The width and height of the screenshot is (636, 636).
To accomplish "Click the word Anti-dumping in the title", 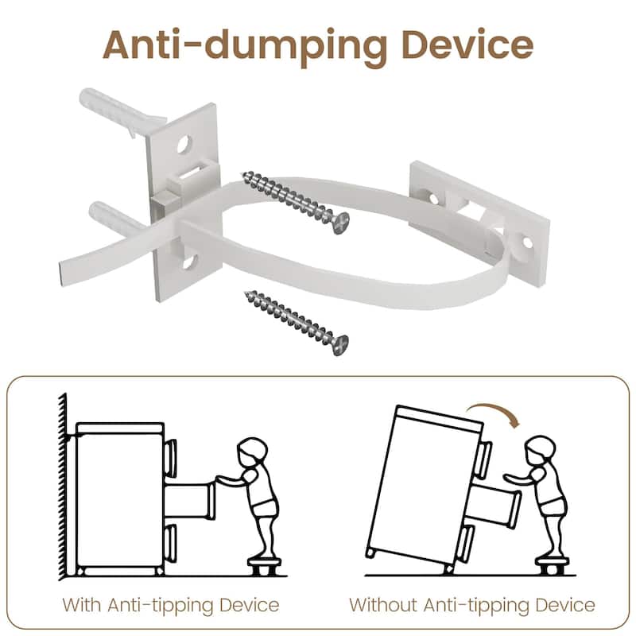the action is pyautogui.click(x=245, y=46).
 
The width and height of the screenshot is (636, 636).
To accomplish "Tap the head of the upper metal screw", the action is pyautogui.click(x=342, y=223).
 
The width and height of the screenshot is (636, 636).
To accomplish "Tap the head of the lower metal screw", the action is pyautogui.click(x=341, y=345).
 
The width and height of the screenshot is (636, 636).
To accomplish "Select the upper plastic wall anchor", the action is pyautogui.click(x=122, y=111).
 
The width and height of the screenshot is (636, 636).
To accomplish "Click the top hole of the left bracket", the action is pyautogui.click(x=184, y=145).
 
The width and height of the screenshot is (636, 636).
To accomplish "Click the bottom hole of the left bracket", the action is pyautogui.click(x=189, y=261).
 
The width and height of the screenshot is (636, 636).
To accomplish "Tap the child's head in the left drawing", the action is pyautogui.click(x=252, y=449).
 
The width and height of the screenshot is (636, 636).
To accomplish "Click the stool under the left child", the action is pyautogui.click(x=265, y=566).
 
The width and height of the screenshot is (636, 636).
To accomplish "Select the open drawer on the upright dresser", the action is pyautogui.click(x=190, y=502).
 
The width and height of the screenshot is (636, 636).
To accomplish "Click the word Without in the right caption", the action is pyautogui.click(x=383, y=605).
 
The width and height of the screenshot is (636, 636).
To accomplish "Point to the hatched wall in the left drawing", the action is pyautogui.click(x=63, y=486).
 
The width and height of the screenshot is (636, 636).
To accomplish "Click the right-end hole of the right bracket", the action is pyautogui.click(x=527, y=242).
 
